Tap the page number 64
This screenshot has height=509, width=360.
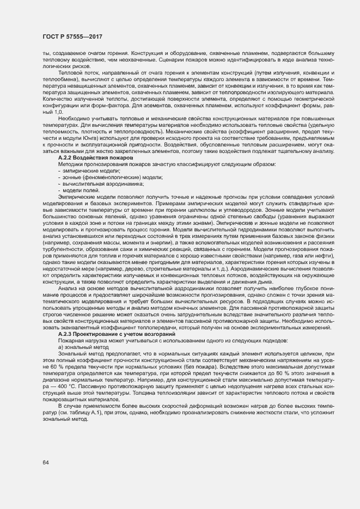tap(45, 463)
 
